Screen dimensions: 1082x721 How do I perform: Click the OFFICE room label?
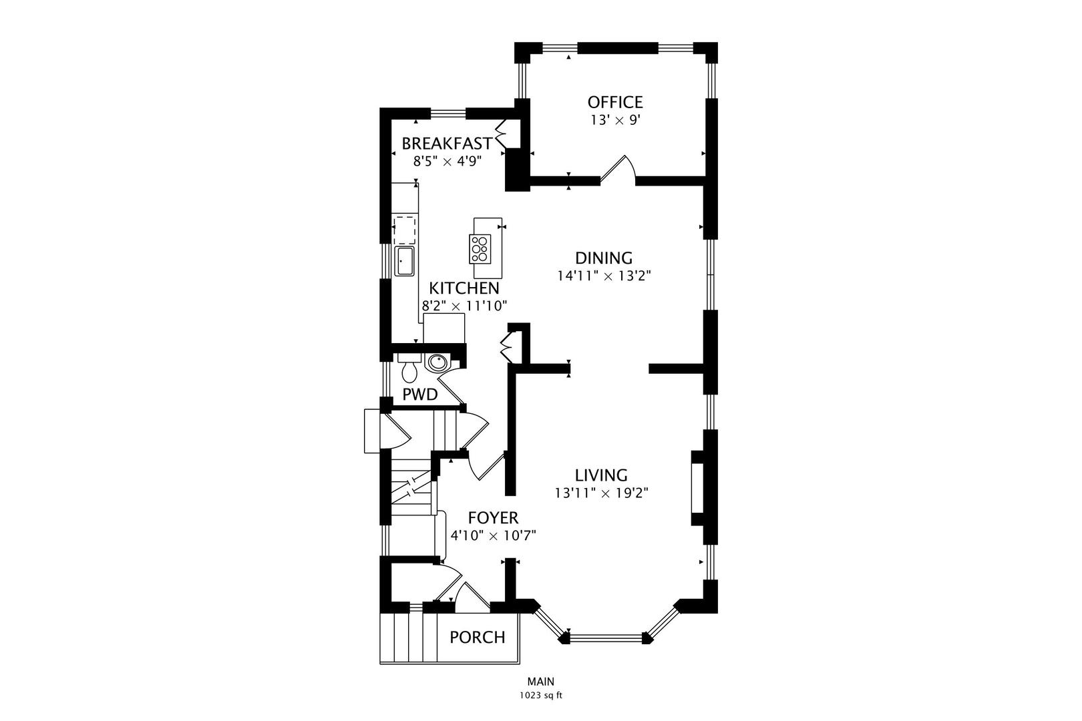(615, 102)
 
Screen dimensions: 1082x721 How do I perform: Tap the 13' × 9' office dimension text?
(615, 120)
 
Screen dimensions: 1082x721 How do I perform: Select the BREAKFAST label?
(447, 144)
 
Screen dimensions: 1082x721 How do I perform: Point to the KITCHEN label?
(464, 288)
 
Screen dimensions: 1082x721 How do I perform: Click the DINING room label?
(604, 258)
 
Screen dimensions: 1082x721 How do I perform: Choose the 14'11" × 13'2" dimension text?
(604, 276)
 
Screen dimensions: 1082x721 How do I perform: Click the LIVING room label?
(601, 475)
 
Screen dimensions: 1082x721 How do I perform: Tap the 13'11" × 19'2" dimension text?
(601, 493)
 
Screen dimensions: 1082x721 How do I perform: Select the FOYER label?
(493, 517)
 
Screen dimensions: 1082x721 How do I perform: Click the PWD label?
(419, 395)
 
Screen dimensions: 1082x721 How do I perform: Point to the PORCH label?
(478, 638)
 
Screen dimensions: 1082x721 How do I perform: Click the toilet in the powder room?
(409, 368)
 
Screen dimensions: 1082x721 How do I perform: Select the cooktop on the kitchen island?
(480, 249)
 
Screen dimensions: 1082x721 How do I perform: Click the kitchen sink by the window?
(404, 261)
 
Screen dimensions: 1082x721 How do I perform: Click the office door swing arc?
(618, 170)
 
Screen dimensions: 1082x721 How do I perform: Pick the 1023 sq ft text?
(541, 696)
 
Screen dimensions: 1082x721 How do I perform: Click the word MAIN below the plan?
(541, 682)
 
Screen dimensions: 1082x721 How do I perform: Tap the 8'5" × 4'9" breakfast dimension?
(447, 162)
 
